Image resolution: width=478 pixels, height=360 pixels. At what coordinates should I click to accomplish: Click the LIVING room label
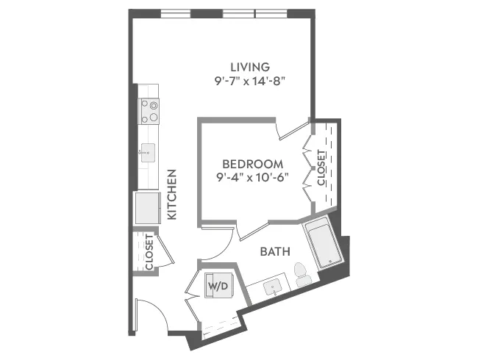(x=250, y=67)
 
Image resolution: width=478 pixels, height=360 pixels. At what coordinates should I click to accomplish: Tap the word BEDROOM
(x=253, y=164)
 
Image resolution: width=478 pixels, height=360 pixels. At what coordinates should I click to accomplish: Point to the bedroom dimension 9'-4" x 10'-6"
(x=253, y=177)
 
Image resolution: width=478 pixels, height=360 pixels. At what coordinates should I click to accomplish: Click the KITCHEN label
(x=172, y=194)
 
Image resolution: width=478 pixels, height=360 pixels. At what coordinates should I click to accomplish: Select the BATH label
(x=275, y=251)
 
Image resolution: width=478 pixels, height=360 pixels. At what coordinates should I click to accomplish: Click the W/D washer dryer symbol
(x=218, y=286)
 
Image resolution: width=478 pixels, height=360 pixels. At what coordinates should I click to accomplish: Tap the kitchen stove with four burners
(x=149, y=111)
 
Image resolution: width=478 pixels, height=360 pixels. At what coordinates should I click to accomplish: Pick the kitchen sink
(x=148, y=153)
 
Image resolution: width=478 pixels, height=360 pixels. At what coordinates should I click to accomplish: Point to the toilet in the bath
(x=302, y=274)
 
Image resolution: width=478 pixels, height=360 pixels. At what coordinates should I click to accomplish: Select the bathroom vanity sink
(x=273, y=287)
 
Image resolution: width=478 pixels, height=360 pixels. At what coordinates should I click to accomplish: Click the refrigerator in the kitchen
(x=148, y=208)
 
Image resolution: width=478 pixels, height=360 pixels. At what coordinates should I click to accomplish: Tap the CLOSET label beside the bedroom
(x=321, y=168)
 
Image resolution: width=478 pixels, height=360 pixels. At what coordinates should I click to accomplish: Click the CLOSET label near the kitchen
(x=149, y=251)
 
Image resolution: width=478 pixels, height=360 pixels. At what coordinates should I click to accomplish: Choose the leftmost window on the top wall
(x=176, y=14)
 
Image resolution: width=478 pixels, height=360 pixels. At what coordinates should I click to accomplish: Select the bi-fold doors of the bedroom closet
(x=308, y=168)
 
